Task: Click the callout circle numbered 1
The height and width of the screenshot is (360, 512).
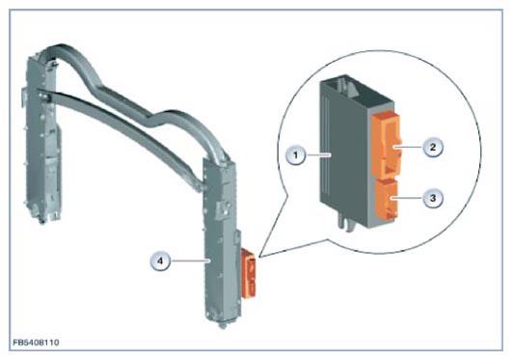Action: coord(296,154)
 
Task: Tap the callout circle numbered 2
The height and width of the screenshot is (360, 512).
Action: coord(433,147)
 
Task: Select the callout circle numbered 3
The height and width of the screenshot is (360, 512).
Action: coord(433,198)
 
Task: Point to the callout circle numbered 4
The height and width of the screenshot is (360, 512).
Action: coord(160,261)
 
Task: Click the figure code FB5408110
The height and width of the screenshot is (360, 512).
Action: coord(36,343)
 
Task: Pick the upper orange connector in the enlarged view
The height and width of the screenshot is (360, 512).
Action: coord(386,146)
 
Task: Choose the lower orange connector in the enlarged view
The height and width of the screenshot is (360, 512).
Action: coord(387,199)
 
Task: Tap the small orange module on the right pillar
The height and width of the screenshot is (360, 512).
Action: coord(249,273)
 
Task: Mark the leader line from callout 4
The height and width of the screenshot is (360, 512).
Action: coord(190,261)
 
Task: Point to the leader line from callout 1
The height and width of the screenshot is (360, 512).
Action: coord(318,154)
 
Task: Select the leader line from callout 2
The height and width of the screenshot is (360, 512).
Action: coord(408,147)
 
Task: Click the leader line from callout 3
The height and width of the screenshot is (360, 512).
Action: coord(407,198)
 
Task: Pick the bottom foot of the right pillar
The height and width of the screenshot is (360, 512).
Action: coord(224,324)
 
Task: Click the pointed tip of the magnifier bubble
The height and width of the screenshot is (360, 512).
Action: coord(259,258)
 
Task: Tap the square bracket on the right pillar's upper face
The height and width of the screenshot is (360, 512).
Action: coord(223,208)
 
